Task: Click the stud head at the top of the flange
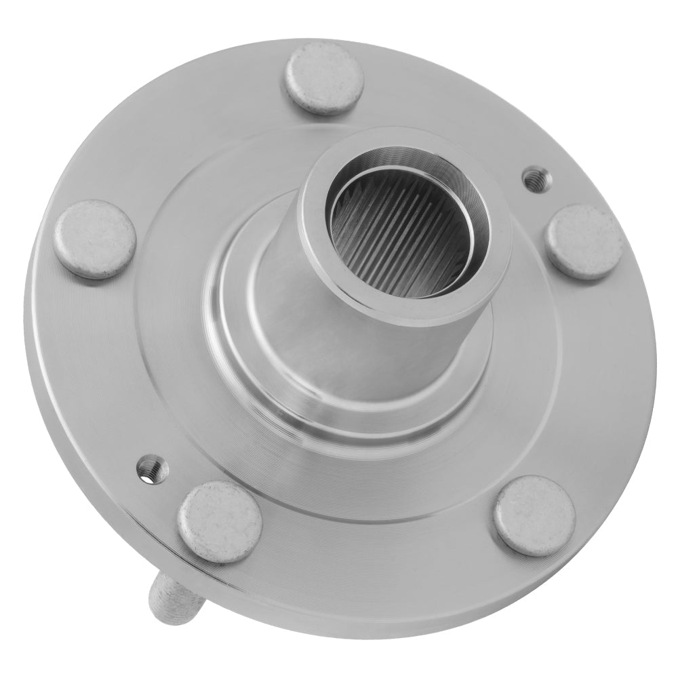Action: [323, 77]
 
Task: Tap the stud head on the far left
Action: [95, 239]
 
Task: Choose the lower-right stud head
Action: [534, 516]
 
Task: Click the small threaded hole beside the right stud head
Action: [536, 178]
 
